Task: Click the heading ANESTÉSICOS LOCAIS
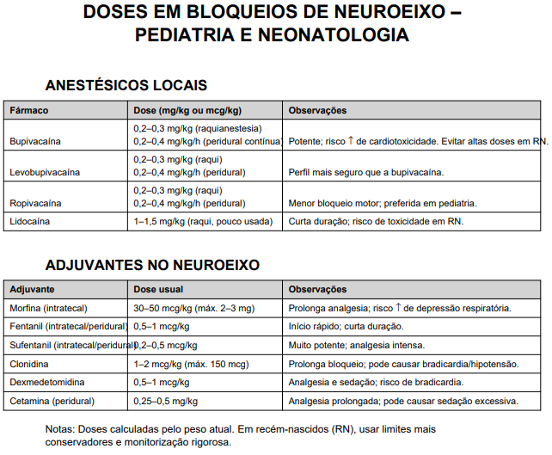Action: click(126, 86)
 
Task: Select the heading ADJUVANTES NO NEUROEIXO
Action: click(152, 266)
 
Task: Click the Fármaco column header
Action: click(28, 111)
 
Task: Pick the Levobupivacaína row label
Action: click(45, 172)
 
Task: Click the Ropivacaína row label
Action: click(37, 203)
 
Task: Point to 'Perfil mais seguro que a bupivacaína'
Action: click(366, 172)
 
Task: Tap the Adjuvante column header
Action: click(33, 290)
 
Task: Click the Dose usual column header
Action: click(158, 290)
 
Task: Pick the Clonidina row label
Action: click(29, 363)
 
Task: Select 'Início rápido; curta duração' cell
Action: click(346, 326)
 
